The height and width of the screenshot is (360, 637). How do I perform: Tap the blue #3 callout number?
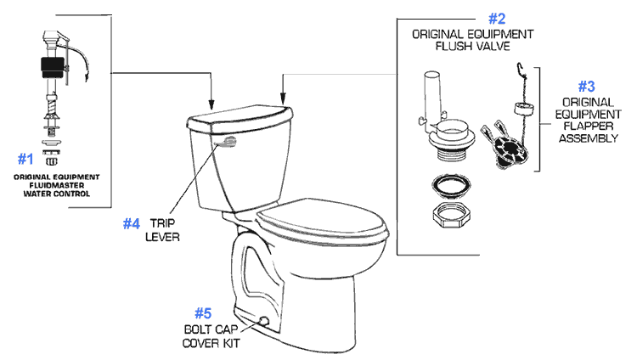586,87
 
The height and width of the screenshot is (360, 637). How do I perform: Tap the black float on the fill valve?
48,65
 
